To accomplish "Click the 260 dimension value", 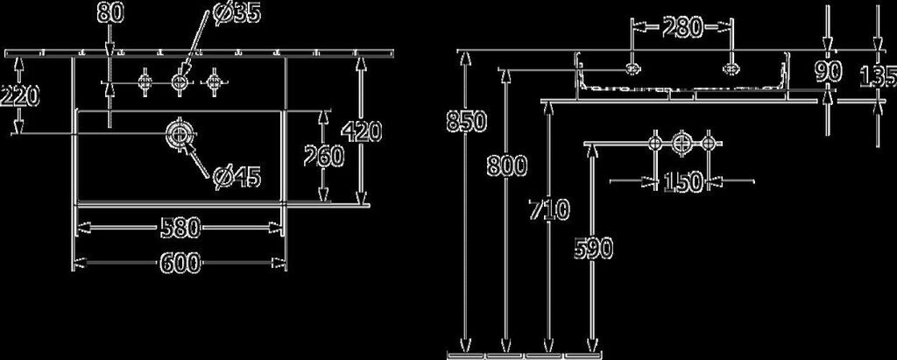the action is coord(321,156).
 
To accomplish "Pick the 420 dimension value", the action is coord(361,131).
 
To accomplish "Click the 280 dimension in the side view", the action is coord(681,28).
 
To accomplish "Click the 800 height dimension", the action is coord(507,164).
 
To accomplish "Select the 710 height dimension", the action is coord(550,210).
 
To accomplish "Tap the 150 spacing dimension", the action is coord(682,182).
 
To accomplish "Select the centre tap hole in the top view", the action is coord(180,82).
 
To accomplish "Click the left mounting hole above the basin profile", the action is coord(633,67).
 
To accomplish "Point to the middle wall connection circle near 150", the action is coord(682,141).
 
